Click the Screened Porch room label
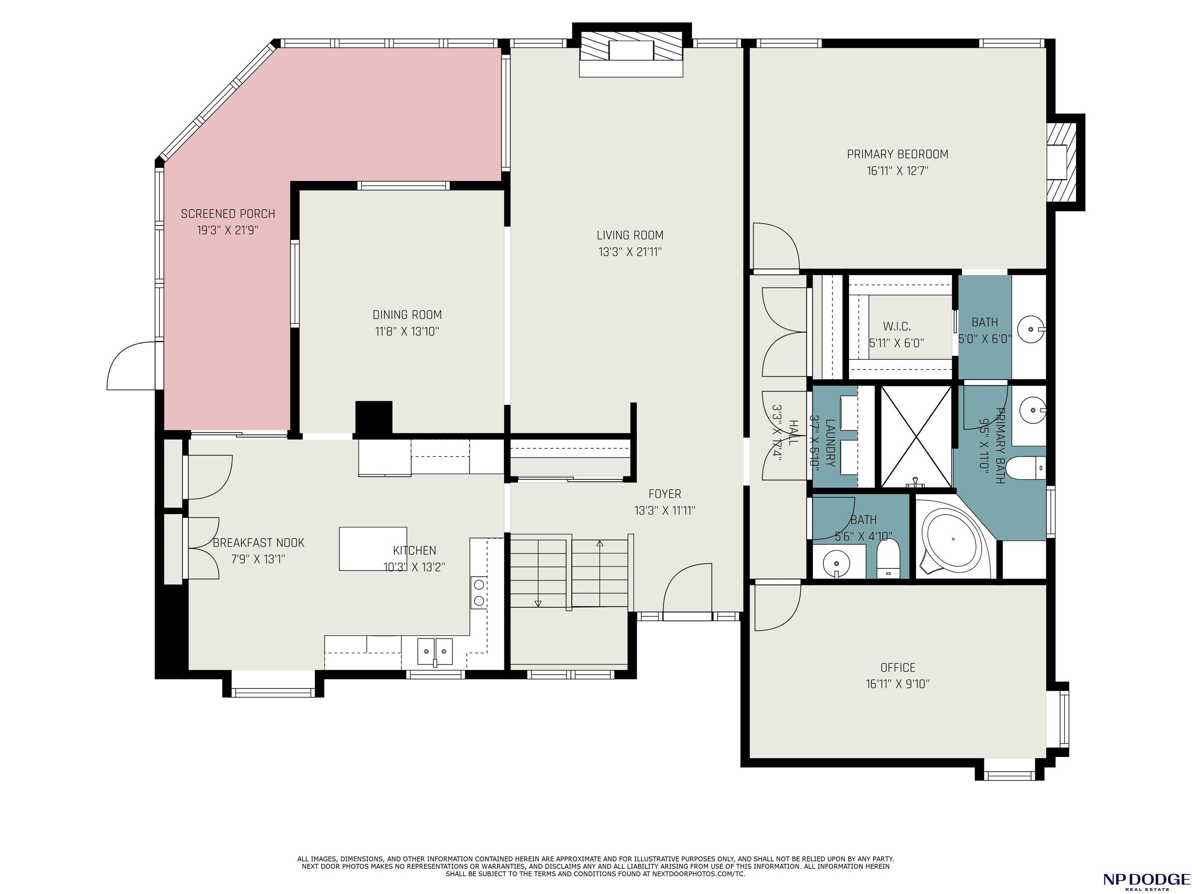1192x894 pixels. point(228,214)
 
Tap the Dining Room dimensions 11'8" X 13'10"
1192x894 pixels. point(407,331)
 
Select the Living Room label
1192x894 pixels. point(630,236)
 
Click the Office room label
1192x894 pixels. point(898,668)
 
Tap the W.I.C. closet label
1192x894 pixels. point(897,327)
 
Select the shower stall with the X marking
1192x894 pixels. point(916,437)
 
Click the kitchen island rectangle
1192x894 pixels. point(373,549)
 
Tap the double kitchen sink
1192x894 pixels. point(435,651)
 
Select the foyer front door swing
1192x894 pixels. point(688,589)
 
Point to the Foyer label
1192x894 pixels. point(664,494)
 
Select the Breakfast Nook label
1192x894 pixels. point(259,543)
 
